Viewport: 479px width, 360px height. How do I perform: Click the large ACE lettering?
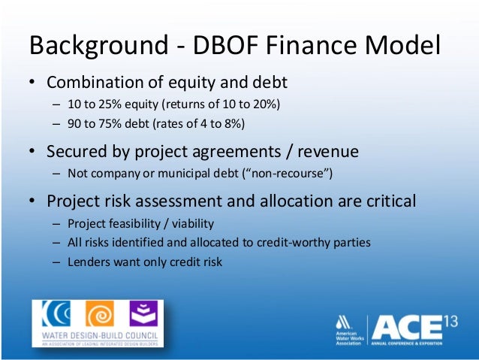[x=406, y=328]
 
